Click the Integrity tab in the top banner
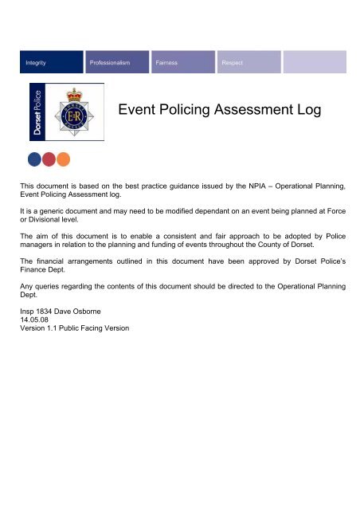pyautogui.click(x=36, y=61)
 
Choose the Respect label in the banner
pyautogui.click(x=233, y=61)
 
